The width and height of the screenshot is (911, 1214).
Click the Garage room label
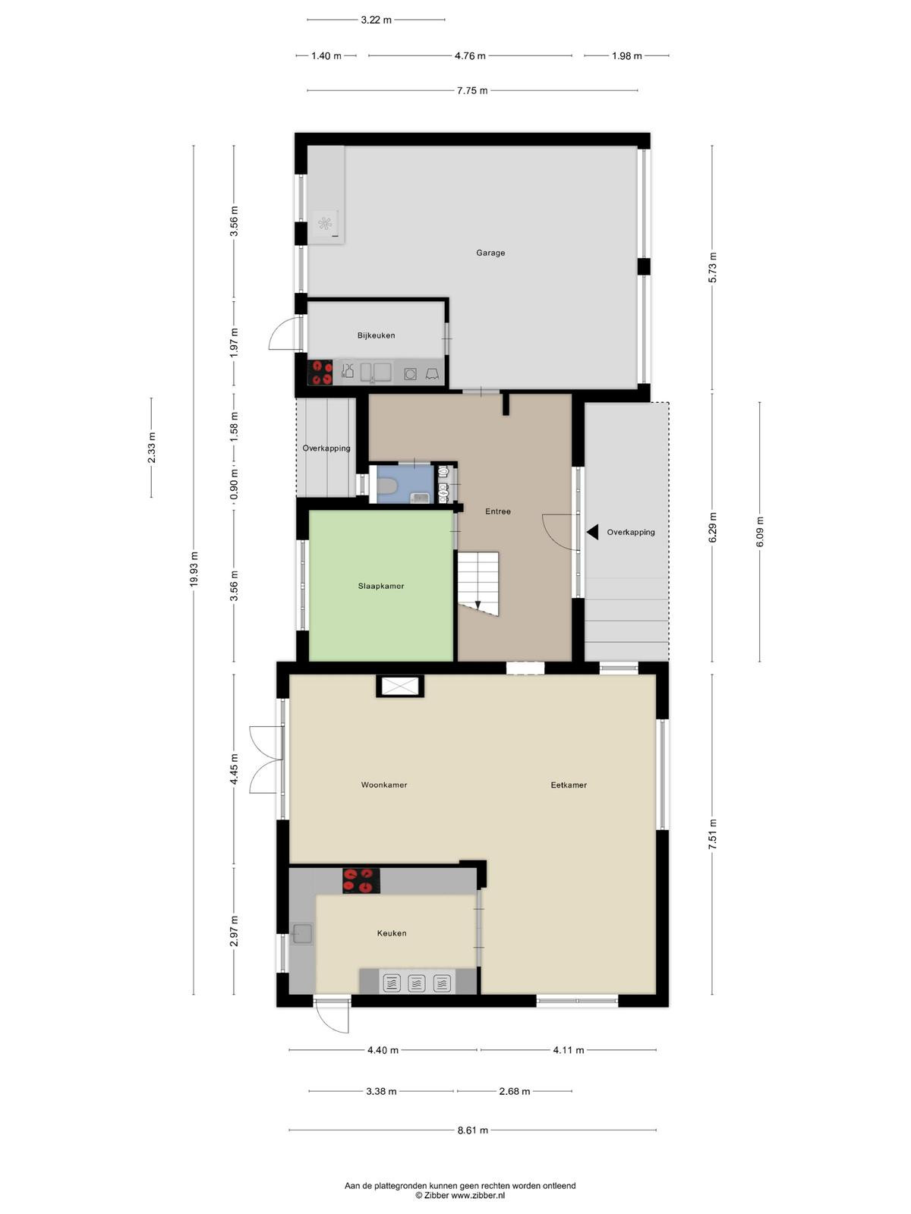coord(490,253)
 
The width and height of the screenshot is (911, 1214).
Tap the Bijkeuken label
coord(376,335)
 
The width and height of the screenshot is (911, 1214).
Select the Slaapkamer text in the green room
coord(380,586)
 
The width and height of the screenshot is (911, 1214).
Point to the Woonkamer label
coord(384,785)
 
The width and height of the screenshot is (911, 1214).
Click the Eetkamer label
coord(568,785)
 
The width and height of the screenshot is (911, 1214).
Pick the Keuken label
coord(392,933)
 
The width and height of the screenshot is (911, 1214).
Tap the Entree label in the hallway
coord(498,511)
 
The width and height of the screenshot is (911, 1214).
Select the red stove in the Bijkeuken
coord(320,372)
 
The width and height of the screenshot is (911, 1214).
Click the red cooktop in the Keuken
coord(361,880)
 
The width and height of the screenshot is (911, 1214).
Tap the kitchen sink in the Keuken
coord(302,933)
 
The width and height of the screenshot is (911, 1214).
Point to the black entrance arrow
coord(592,532)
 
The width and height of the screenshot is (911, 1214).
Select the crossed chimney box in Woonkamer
coord(400,686)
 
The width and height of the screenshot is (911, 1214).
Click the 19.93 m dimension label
coord(193,570)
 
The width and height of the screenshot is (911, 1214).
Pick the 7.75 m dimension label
coord(471,90)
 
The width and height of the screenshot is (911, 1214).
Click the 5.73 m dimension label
coord(712,267)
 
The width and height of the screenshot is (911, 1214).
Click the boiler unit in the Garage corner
coord(325,224)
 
